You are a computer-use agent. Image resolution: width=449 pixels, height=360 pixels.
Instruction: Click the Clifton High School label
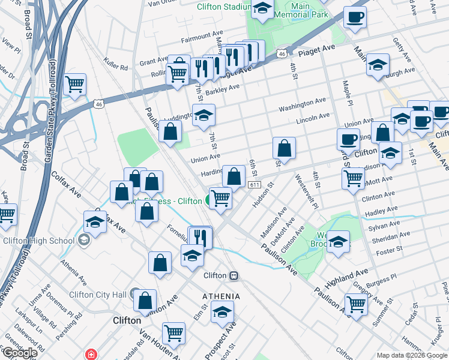coord(38,241)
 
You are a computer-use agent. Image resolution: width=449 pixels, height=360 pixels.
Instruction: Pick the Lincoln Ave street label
coord(313,116)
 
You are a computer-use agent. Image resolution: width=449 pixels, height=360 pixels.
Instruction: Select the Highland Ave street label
coord(346,277)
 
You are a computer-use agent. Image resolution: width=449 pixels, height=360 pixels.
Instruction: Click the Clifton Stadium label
coord(223,7)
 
